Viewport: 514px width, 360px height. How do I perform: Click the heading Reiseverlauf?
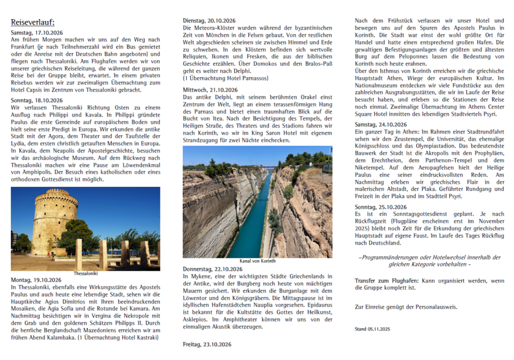click(33, 22)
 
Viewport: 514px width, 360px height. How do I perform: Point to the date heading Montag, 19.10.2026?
click(34, 279)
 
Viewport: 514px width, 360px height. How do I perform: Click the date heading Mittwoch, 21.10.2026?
click(209, 90)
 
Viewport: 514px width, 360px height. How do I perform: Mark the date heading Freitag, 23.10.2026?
click(206, 345)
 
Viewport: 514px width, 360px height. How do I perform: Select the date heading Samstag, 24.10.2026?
click(380, 124)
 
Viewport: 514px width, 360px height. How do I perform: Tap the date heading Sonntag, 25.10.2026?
click(380, 206)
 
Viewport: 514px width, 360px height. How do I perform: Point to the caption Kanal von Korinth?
click(257, 261)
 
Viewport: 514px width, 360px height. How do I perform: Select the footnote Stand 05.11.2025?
click(372, 329)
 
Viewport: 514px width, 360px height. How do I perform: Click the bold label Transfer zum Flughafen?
click(386, 281)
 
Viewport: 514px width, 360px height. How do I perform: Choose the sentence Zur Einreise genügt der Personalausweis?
click(405, 307)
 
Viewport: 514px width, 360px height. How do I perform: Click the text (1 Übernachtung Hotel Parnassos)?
click(226, 77)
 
